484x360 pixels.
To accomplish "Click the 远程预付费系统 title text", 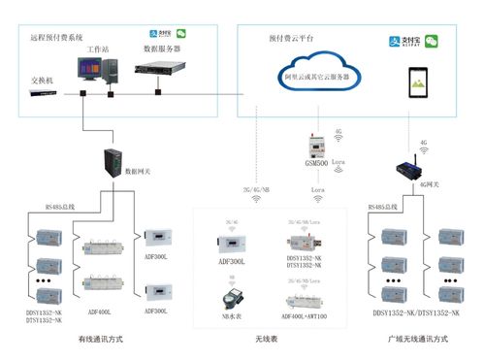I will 58,37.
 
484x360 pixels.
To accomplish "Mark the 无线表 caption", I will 265,339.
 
